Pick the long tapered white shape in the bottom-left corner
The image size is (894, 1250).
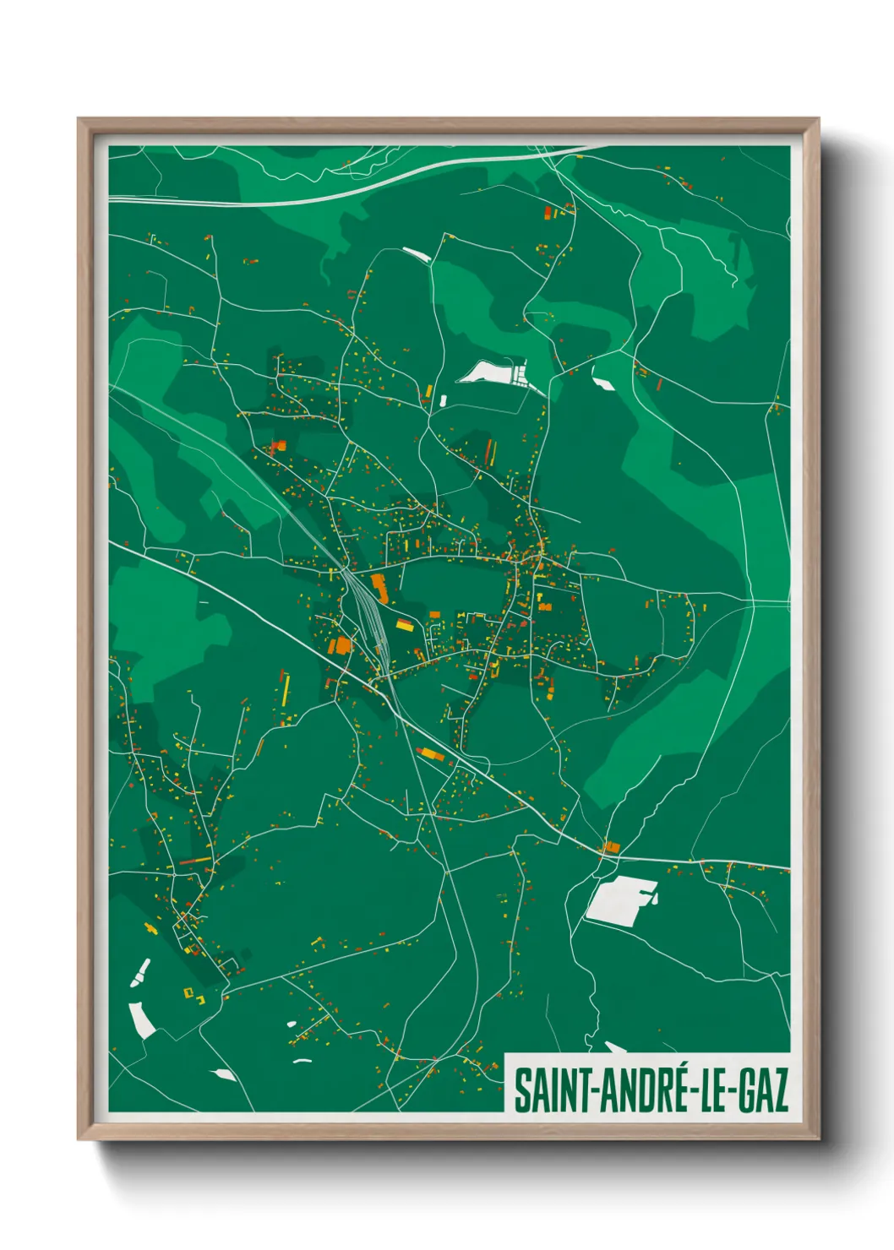pos(141,1019)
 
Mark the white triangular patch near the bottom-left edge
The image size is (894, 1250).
pos(224,1074)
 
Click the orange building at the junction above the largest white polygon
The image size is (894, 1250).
pos(612,846)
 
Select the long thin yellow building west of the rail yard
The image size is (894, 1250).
pos(285,689)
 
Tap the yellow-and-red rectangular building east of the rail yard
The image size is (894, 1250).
pos(406,626)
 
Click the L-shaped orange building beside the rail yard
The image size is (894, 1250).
pos(378,586)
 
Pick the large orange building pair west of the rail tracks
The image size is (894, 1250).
pos(341,645)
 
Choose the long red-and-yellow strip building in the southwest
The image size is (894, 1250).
pos(195,861)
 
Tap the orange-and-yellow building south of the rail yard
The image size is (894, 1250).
pos(430,753)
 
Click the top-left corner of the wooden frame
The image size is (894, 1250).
pos(79,120)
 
